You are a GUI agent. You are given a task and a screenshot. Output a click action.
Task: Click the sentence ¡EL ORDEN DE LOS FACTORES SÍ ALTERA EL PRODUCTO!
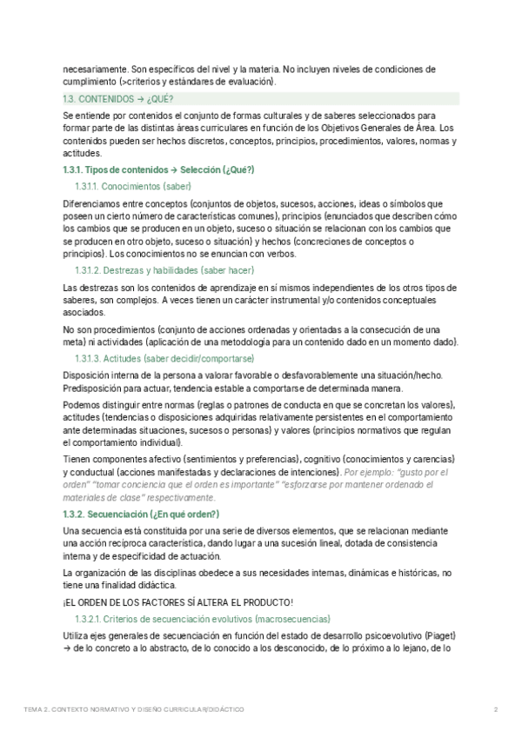178,601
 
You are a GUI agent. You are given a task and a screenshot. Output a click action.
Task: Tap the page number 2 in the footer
495,710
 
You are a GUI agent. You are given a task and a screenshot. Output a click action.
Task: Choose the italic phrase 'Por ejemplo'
371,472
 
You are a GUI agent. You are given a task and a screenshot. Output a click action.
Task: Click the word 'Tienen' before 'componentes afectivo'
77,459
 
